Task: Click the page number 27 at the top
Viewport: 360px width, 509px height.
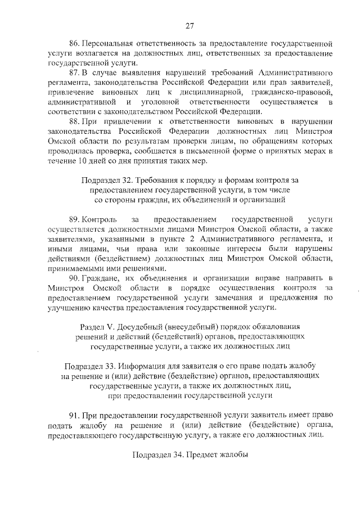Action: [x=190, y=25]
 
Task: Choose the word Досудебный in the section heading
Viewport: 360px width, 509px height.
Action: [x=141, y=326]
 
